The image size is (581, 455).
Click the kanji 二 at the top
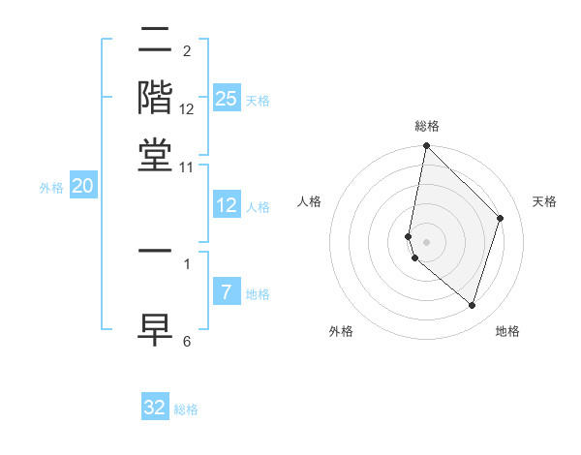(156, 42)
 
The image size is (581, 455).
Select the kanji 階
(156, 99)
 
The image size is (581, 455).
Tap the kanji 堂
(156, 155)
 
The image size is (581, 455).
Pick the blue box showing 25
(227, 99)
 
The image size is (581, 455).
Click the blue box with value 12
(227, 205)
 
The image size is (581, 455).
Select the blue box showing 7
(227, 292)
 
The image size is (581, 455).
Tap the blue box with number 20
(83, 187)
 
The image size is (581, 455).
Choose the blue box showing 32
(155, 408)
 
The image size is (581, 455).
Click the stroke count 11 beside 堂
(187, 167)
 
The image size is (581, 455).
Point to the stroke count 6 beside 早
(187, 341)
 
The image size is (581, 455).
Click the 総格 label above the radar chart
(426, 126)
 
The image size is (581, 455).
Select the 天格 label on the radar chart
(544, 201)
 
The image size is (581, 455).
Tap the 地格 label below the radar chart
(507, 331)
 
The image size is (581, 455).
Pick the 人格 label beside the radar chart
(310, 201)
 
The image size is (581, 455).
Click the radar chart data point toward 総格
(426, 147)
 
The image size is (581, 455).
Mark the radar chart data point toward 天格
(501, 218)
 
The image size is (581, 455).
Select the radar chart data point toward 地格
(473, 305)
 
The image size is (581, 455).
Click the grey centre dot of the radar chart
(426, 241)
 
